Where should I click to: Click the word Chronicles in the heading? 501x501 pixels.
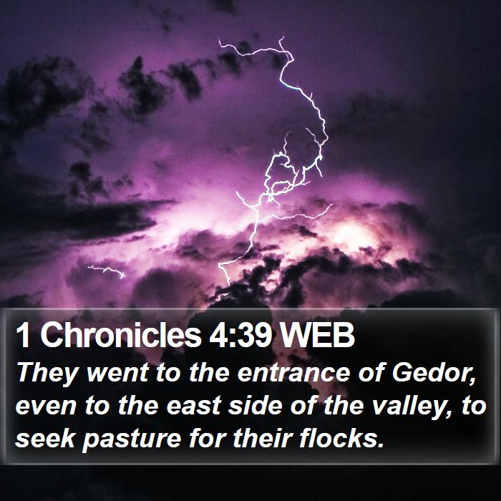[121, 335]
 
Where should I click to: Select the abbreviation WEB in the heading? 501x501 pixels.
[316, 336]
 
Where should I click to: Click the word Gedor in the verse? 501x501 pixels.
[434, 373]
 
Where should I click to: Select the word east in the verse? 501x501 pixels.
[194, 407]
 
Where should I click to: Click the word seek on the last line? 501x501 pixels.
[45, 438]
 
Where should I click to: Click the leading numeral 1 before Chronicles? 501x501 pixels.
[24, 336]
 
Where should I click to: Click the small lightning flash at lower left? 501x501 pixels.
[107, 271]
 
